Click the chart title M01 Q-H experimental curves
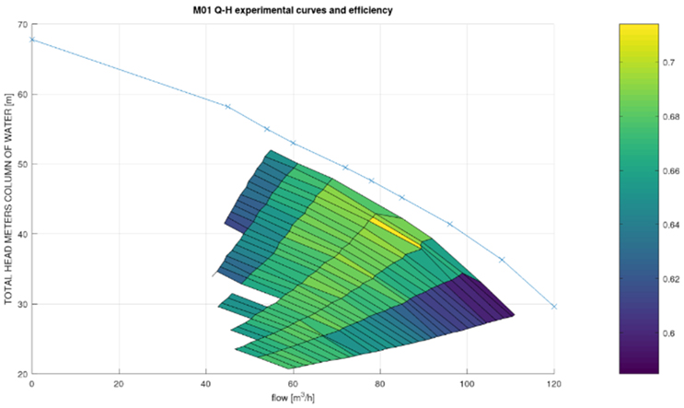tap(293, 10)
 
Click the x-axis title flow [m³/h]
tap(293, 399)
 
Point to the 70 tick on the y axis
tap(21, 24)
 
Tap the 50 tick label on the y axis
tap(21, 164)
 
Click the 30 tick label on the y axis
tap(21, 304)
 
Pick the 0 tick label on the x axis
tap(31, 384)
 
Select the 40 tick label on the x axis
tap(205, 384)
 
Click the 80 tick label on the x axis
tap(380, 384)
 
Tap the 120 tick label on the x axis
tap(554, 384)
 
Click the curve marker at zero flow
tap(31, 40)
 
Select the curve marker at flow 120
tap(554, 306)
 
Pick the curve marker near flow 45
tap(227, 106)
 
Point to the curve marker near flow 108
tap(502, 260)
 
